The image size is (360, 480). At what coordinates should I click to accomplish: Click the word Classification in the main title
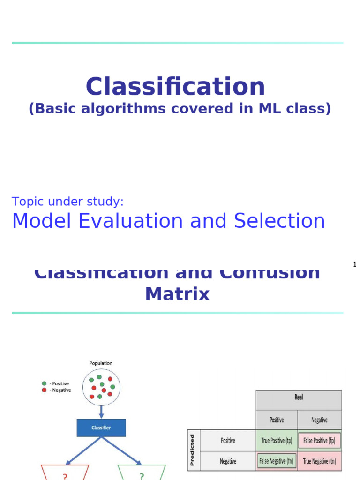(175, 87)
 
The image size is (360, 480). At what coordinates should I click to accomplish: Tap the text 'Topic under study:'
(68, 202)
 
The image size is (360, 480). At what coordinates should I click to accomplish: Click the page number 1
(355, 265)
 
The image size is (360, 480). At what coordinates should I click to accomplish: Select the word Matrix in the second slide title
(177, 294)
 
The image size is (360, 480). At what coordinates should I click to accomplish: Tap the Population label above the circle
(101, 363)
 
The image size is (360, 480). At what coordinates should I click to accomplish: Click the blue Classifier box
(101, 427)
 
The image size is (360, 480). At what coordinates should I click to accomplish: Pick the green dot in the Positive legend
(44, 383)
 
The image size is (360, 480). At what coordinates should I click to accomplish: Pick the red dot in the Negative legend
(44, 390)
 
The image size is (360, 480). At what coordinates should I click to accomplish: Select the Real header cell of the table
(299, 397)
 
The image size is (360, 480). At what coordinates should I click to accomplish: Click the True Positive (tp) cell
(277, 441)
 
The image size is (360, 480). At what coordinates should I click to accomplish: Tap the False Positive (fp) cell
(319, 441)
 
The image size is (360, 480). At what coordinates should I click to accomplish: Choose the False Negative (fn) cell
(277, 461)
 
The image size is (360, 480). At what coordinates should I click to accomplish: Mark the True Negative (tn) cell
(319, 461)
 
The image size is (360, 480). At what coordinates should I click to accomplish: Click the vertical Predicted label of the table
(192, 450)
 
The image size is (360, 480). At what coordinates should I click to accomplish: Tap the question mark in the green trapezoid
(141, 476)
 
